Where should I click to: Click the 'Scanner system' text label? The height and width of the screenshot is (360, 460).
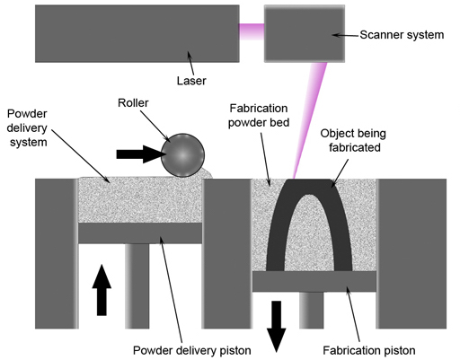click(401, 35)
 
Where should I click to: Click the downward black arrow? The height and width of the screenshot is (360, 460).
click(277, 327)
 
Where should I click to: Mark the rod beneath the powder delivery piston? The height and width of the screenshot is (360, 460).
click(140, 296)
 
